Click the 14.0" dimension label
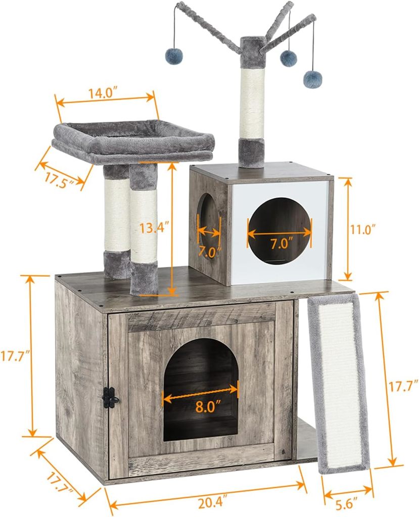click(x=103, y=93)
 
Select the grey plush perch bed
click(x=133, y=142)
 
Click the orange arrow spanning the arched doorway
click(x=201, y=393)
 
